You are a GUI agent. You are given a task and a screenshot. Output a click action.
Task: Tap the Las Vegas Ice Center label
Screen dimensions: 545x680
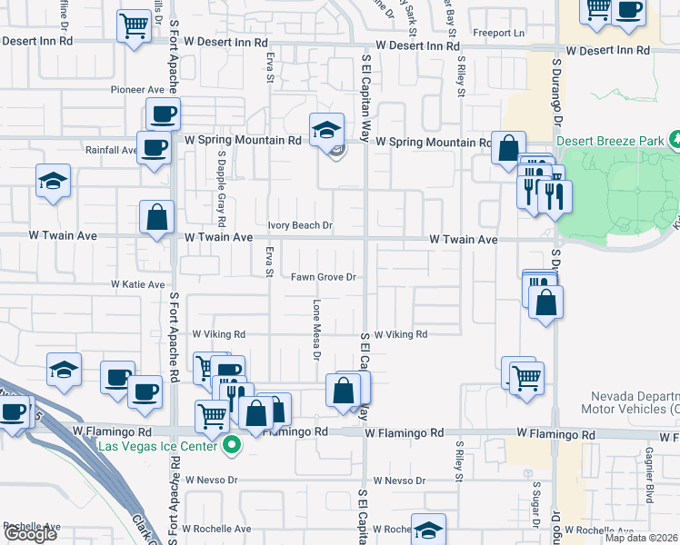158,446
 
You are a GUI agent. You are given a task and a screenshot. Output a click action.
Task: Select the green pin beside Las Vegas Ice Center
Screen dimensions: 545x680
233,446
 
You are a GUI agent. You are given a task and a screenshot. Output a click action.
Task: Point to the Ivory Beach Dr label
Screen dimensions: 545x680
301,224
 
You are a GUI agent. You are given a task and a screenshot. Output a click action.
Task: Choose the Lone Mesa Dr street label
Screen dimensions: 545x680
316,330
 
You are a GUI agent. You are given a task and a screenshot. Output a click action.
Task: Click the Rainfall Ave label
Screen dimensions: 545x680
111,150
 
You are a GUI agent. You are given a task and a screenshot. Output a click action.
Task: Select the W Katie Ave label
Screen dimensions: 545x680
138,284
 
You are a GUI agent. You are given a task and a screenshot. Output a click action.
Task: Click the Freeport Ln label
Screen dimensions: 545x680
506,34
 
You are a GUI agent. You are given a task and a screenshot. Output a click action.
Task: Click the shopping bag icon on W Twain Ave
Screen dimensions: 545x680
156,217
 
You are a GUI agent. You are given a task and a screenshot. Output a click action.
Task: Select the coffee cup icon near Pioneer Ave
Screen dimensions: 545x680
164,114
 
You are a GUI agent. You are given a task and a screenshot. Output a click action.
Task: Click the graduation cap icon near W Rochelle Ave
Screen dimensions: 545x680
427,530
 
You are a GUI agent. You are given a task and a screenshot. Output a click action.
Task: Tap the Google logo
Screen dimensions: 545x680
29,534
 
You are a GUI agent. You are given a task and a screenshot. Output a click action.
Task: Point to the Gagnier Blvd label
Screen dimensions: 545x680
650,481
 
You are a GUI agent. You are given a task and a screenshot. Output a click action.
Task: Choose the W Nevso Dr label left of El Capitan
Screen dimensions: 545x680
211,480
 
